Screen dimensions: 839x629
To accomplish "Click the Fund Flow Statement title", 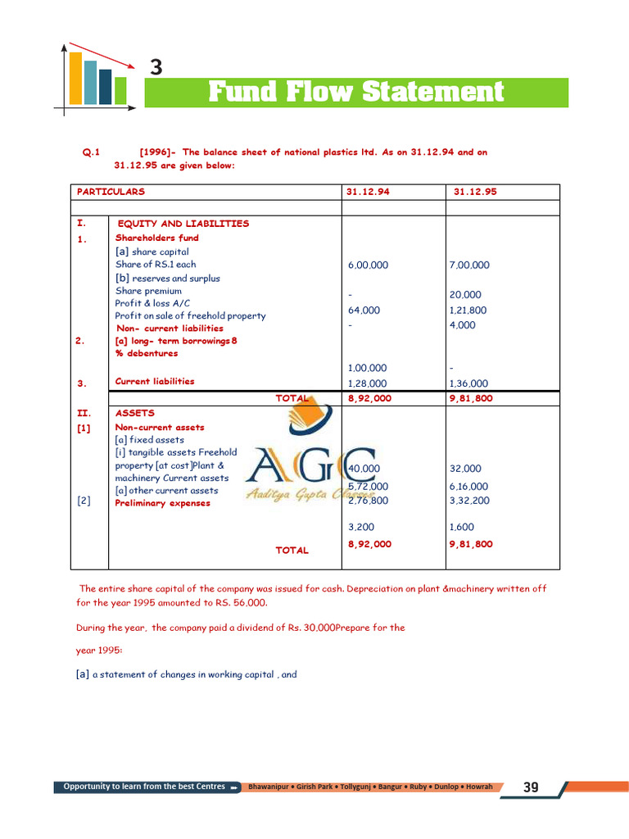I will [356, 92].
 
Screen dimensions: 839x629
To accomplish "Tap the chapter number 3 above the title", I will [156, 67].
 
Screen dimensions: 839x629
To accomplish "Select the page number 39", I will [531, 787].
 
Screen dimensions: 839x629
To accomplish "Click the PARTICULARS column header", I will [111, 192].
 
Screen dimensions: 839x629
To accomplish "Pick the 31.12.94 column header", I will [368, 192].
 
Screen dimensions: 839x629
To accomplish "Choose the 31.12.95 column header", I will [475, 192].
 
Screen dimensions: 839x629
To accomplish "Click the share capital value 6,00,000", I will [368, 265].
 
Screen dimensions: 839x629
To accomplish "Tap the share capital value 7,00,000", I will [469, 265].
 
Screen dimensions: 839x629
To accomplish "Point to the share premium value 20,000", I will [465, 295].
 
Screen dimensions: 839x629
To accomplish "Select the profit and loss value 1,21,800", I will [468, 311].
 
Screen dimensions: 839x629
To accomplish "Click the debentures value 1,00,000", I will [367, 368].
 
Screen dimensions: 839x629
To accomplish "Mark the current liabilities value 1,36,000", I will [468, 383].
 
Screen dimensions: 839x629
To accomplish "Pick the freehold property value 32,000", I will [465, 469].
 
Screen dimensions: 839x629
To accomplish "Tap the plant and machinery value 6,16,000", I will [468, 486].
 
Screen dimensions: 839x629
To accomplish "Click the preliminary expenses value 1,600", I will [462, 527].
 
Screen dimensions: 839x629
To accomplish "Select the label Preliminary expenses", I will [162, 503].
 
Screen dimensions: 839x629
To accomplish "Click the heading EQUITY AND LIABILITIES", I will [183, 224].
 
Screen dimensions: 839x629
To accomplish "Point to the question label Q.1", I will [90, 152].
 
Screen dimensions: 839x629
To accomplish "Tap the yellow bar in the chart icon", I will [75, 79].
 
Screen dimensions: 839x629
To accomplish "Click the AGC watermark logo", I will [311, 471].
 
